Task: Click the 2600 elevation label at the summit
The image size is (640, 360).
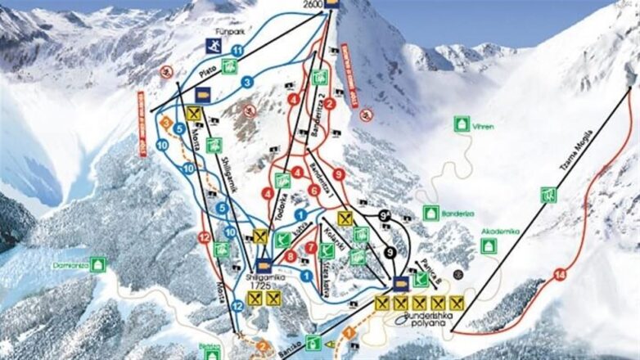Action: (313, 4)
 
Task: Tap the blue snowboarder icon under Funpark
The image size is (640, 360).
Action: (212, 46)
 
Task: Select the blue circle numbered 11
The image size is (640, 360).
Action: (237, 51)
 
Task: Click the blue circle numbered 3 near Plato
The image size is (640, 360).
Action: (246, 82)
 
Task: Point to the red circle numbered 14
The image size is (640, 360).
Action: (560, 276)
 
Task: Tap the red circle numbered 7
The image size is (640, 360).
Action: (311, 247)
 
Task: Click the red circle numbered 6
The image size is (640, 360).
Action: (313, 190)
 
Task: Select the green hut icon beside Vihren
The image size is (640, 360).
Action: (462, 124)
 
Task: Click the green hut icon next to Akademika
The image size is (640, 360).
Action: (489, 245)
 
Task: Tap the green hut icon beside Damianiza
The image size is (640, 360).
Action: (98, 264)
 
